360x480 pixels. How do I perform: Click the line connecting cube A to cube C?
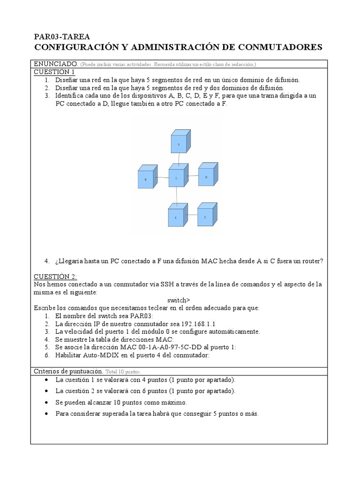coord(178,158)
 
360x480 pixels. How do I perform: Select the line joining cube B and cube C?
coord(162,178)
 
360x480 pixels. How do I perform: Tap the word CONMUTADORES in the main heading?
coord(281,47)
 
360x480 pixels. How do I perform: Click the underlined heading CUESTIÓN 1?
coord(54,72)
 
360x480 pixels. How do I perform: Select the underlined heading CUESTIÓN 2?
coord(56,277)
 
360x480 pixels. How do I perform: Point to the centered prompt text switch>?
coord(179,300)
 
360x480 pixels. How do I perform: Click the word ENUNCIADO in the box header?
coord(55,64)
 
